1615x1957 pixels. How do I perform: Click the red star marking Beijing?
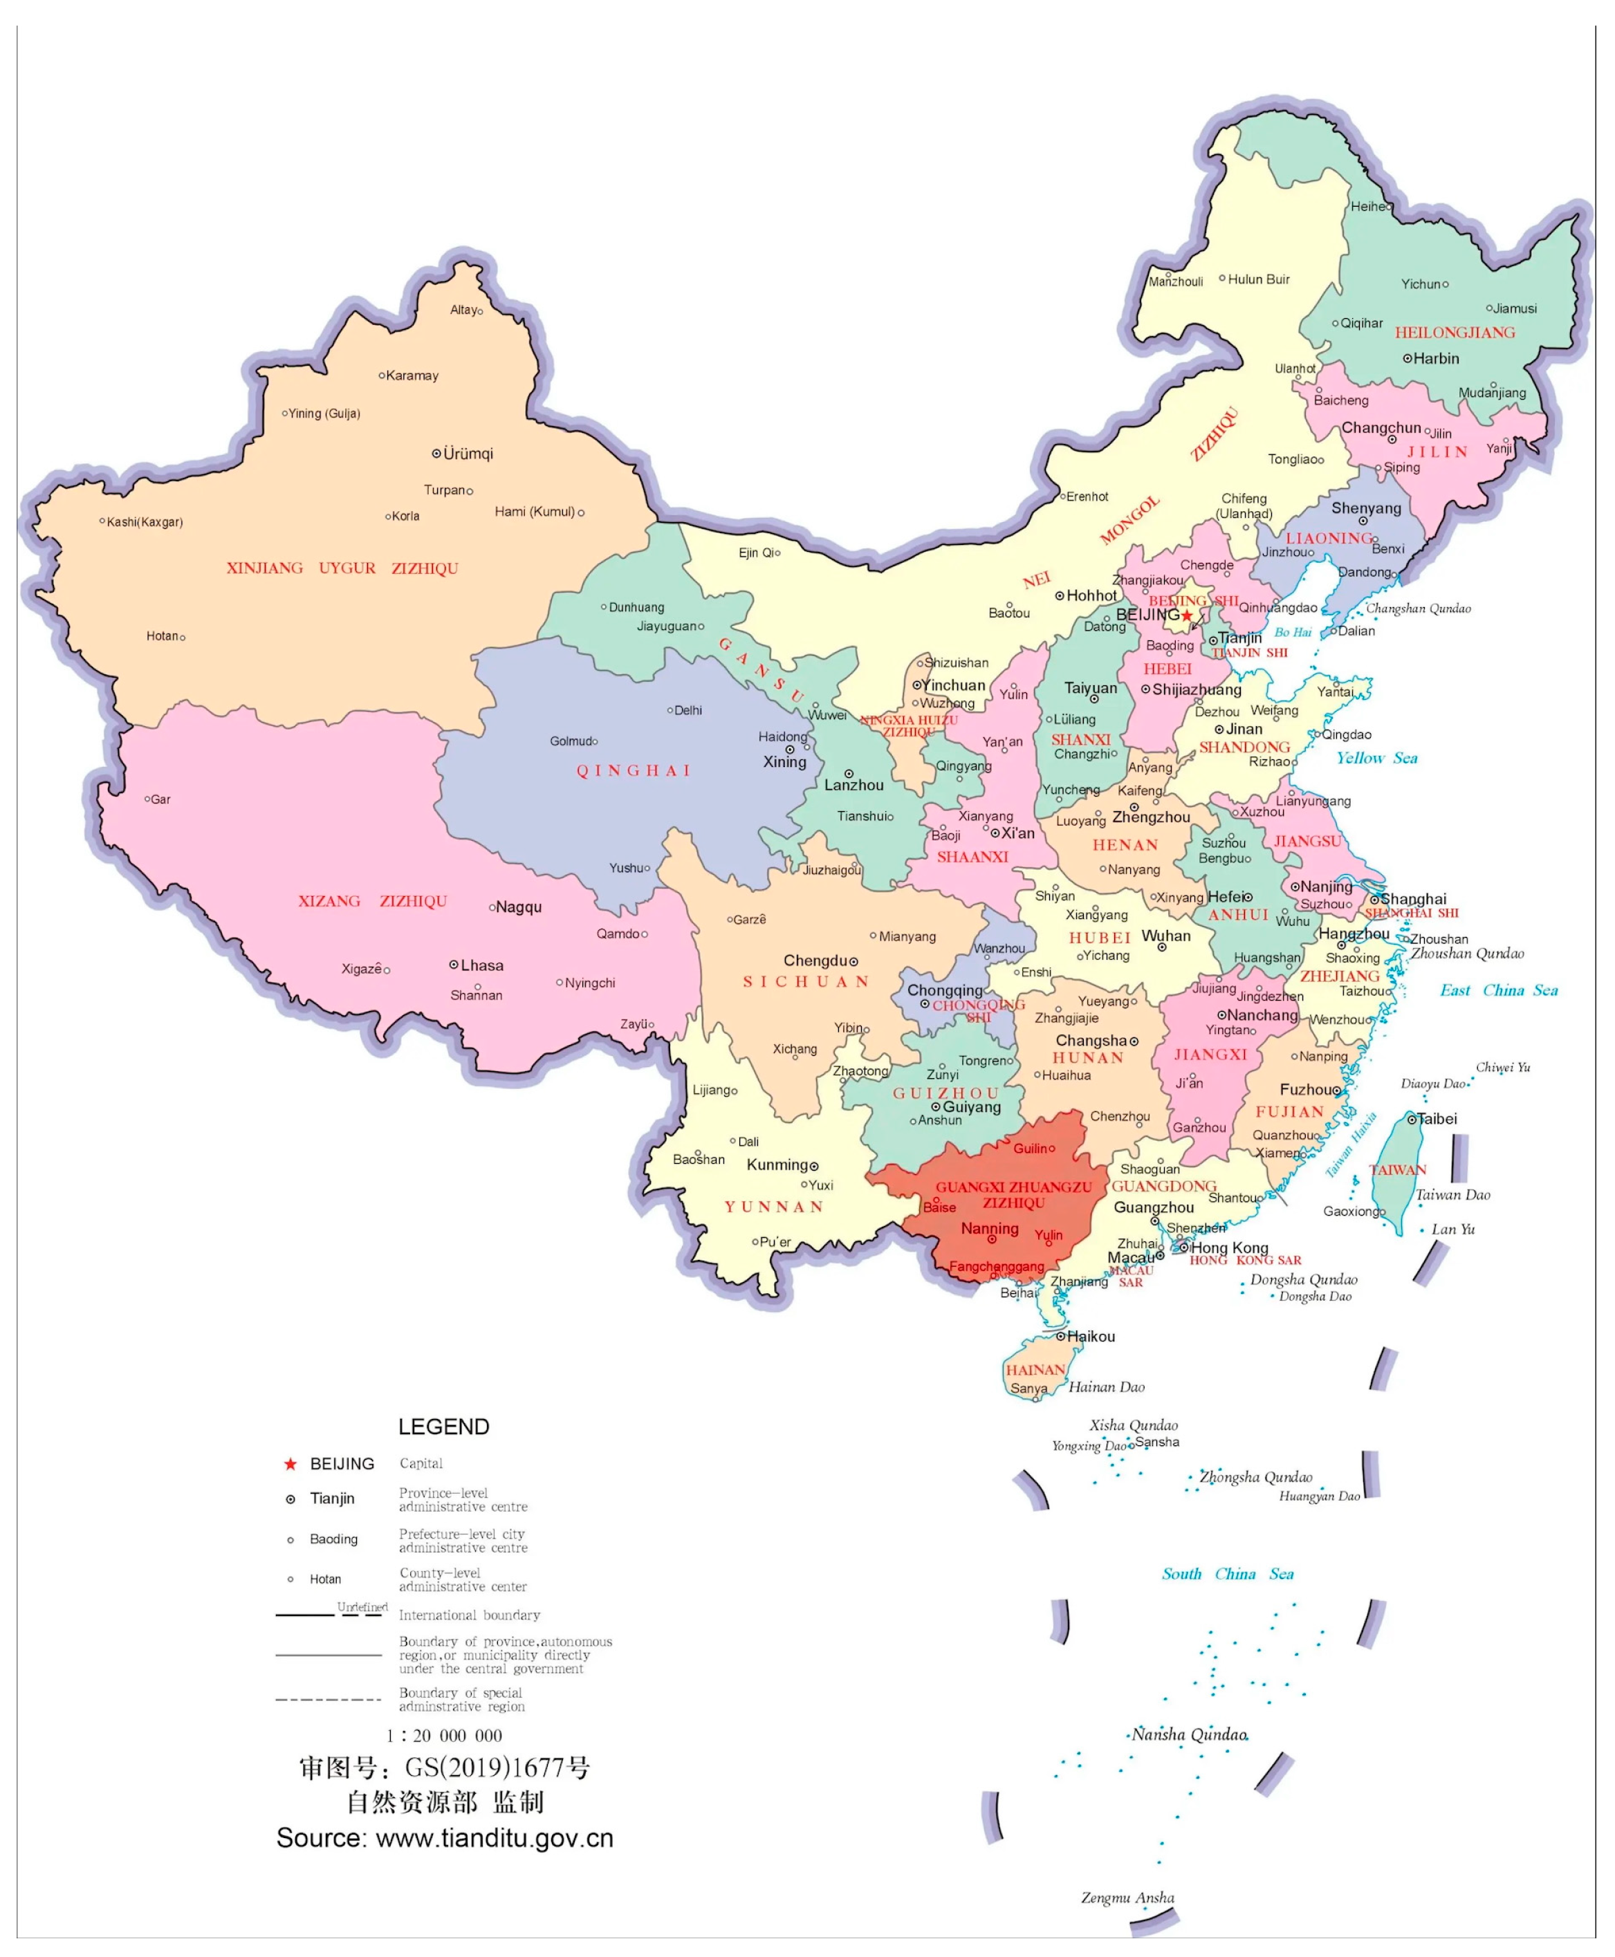[1187, 615]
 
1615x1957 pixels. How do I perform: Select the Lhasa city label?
[482, 965]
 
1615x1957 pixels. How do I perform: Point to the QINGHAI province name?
[634, 770]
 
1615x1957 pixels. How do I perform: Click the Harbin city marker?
[1408, 358]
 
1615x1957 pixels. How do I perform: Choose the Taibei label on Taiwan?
[1437, 1119]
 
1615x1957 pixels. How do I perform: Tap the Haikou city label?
[1090, 1337]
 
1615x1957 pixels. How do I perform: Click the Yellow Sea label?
[1377, 758]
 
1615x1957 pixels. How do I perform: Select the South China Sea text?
[1227, 1574]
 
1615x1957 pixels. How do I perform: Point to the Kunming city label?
[777, 1165]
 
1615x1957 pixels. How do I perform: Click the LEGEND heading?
[444, 1427]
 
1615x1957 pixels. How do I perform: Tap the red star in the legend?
[290, 1464]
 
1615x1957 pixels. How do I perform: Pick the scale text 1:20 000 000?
[444, 1736]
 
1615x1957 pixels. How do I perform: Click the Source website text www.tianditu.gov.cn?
[494, 1838]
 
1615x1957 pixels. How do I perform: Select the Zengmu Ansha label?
[1127, 1898]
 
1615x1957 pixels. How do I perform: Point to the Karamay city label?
[412, 375]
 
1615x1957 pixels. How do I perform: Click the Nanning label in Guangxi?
[989, 1229]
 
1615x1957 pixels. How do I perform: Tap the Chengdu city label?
[815, 961]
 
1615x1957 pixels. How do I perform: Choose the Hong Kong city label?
[1229, 1248]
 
